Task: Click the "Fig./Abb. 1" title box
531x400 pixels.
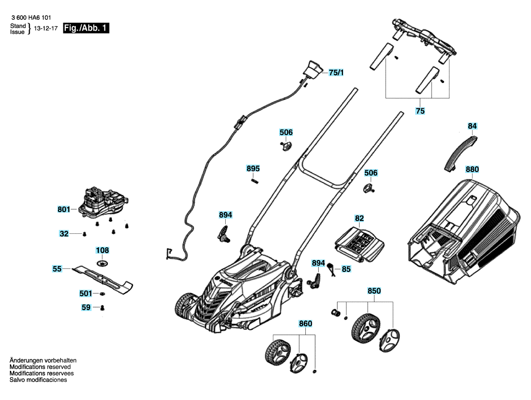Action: pyautogui.click(x=86, y=28)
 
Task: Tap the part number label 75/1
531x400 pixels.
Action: pyautogui.click(x=336, y=72)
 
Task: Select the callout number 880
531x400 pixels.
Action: pyautogui.click(x=472, y=169)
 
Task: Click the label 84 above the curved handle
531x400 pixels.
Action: pyautogui.click(x=472, y=126)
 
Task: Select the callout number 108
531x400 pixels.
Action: pyautogui.click(x=102, y=250)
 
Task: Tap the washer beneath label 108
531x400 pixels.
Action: pyautogui.click(x=102, y=263)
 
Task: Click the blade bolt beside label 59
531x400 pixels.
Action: pyautogui.click(x=102, y=308)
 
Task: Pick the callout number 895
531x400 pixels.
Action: pyautogui.click(x=253, y=169)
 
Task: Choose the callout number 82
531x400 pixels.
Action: pyautogui.click(x=359, y=218)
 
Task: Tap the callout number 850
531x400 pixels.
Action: pyautogui.click(x=374, y=291)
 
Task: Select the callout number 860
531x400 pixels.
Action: pyautogui.click(x=305, y=323)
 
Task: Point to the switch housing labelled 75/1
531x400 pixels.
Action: pyautogui.click(x=313, y=70)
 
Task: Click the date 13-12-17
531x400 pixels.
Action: pyautogui.click(x=46, y=28)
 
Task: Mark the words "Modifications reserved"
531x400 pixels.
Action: pyautogui.click(x=40, y=367)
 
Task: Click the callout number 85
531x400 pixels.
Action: pyautogui.click(x=346, y=269)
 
